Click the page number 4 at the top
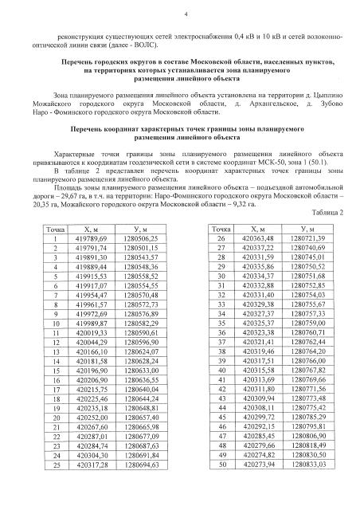185,14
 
